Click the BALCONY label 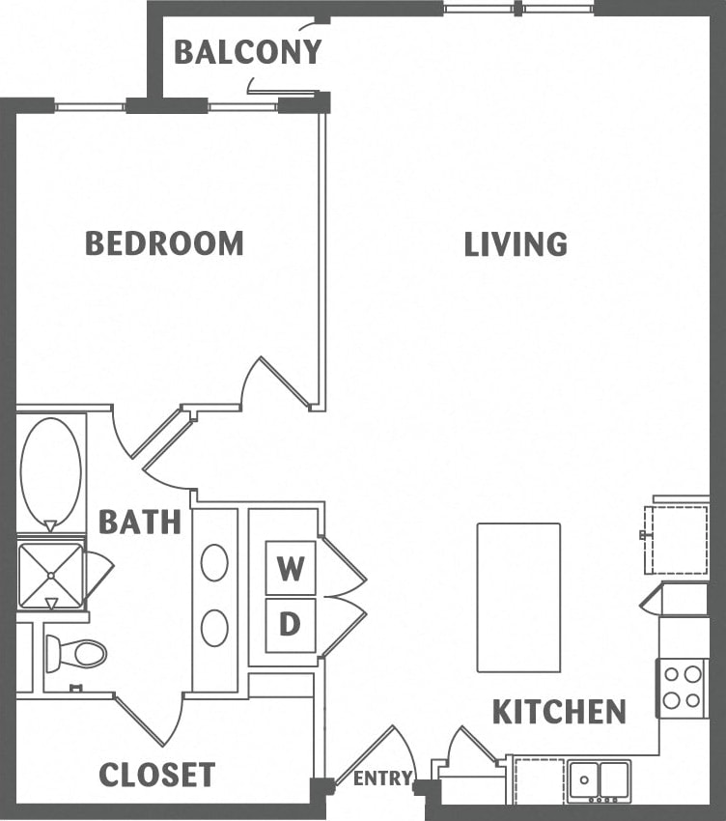tap(247, 52)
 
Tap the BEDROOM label tap(164, 243)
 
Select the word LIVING tap(516, 244)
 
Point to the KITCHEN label tap(559, 713)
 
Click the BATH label tap(140, 523)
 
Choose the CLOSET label tap(157, 775)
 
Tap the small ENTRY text tap(383, 779)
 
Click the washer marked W tap(290, 569)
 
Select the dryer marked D tap(290, 625)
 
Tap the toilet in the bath tap(76, 654)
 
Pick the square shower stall tap(50, 576)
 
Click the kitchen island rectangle tap(518, 597)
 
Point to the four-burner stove tap(684, 687)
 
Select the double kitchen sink tap(599, 779)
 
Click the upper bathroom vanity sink tap(214, 563)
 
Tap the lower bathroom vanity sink tap(214, 628)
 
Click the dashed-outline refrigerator tap(679, 538)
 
